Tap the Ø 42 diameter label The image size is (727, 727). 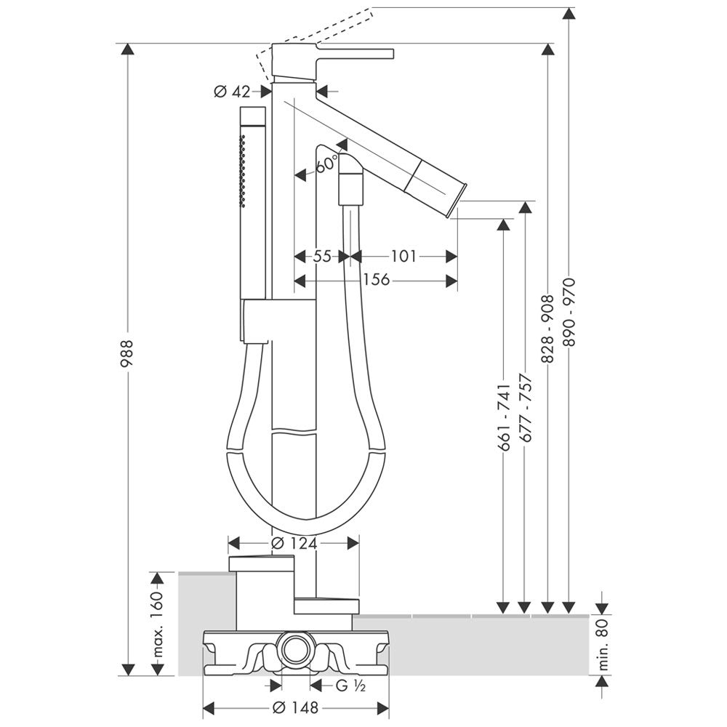tap(232, 92)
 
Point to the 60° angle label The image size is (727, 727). tap(327, 164)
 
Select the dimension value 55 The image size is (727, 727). tap(322, 256)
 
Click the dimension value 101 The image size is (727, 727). tap(403, 256)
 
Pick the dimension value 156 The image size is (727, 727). tap(375, 280)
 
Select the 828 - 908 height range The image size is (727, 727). tap(548, 329)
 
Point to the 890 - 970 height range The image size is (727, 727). tap(570, 312)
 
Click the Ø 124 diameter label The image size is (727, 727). tap(292, 543)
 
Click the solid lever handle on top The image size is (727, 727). tap(356, 54)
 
